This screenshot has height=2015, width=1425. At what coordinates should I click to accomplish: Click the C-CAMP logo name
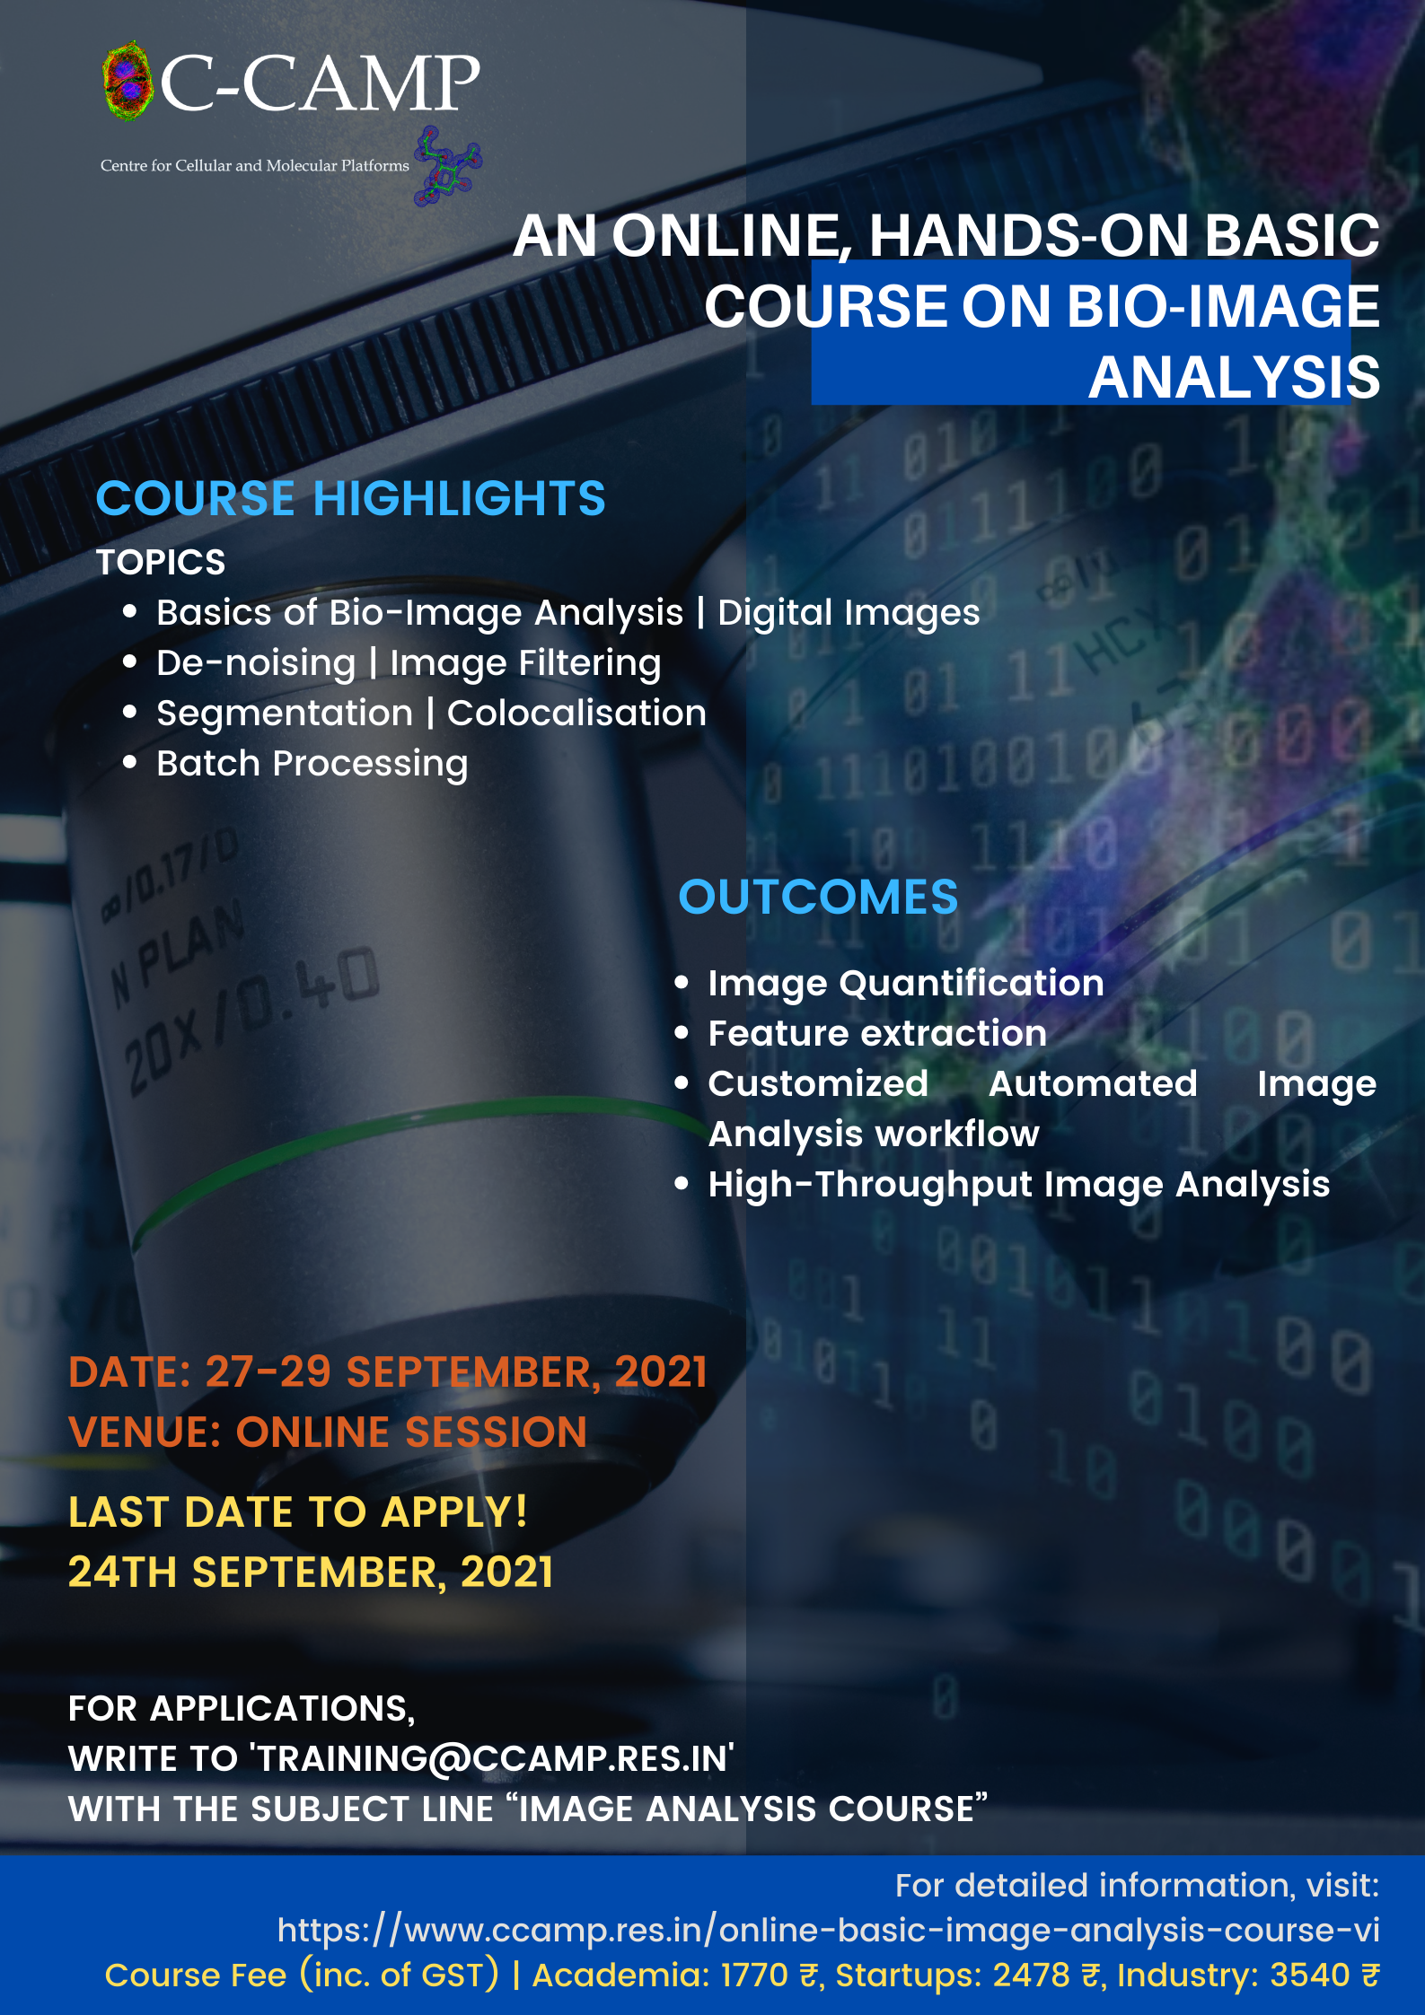pos(320,83)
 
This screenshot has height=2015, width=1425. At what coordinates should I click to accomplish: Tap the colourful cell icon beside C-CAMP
pos(128,81)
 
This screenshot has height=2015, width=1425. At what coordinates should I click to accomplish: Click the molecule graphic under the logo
pos(447,166)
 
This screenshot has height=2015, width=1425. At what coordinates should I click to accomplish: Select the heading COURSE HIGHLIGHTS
pos(351,498)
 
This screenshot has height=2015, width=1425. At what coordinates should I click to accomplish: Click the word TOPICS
pos(161,563)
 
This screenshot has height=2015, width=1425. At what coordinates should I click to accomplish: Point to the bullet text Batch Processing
pos(312,764)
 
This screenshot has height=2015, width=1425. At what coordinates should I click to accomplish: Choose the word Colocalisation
pos(576,714)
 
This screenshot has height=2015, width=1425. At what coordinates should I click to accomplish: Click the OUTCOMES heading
pos(818,897)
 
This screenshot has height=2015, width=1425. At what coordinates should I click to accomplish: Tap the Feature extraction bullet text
pos(877,1033)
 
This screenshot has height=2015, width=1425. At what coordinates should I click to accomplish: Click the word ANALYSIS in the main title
pos(1234,378)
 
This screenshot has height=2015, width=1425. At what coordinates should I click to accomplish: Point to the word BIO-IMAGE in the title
pos(1223,307)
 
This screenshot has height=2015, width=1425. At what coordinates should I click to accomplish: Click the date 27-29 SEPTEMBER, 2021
pos(456,1372)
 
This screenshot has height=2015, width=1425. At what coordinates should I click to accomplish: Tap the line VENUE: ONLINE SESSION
pos(328,1432)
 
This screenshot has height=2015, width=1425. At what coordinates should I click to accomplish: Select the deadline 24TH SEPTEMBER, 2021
pos(311,1573)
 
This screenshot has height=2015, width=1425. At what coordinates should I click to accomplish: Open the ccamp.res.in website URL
pos(828,1931)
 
